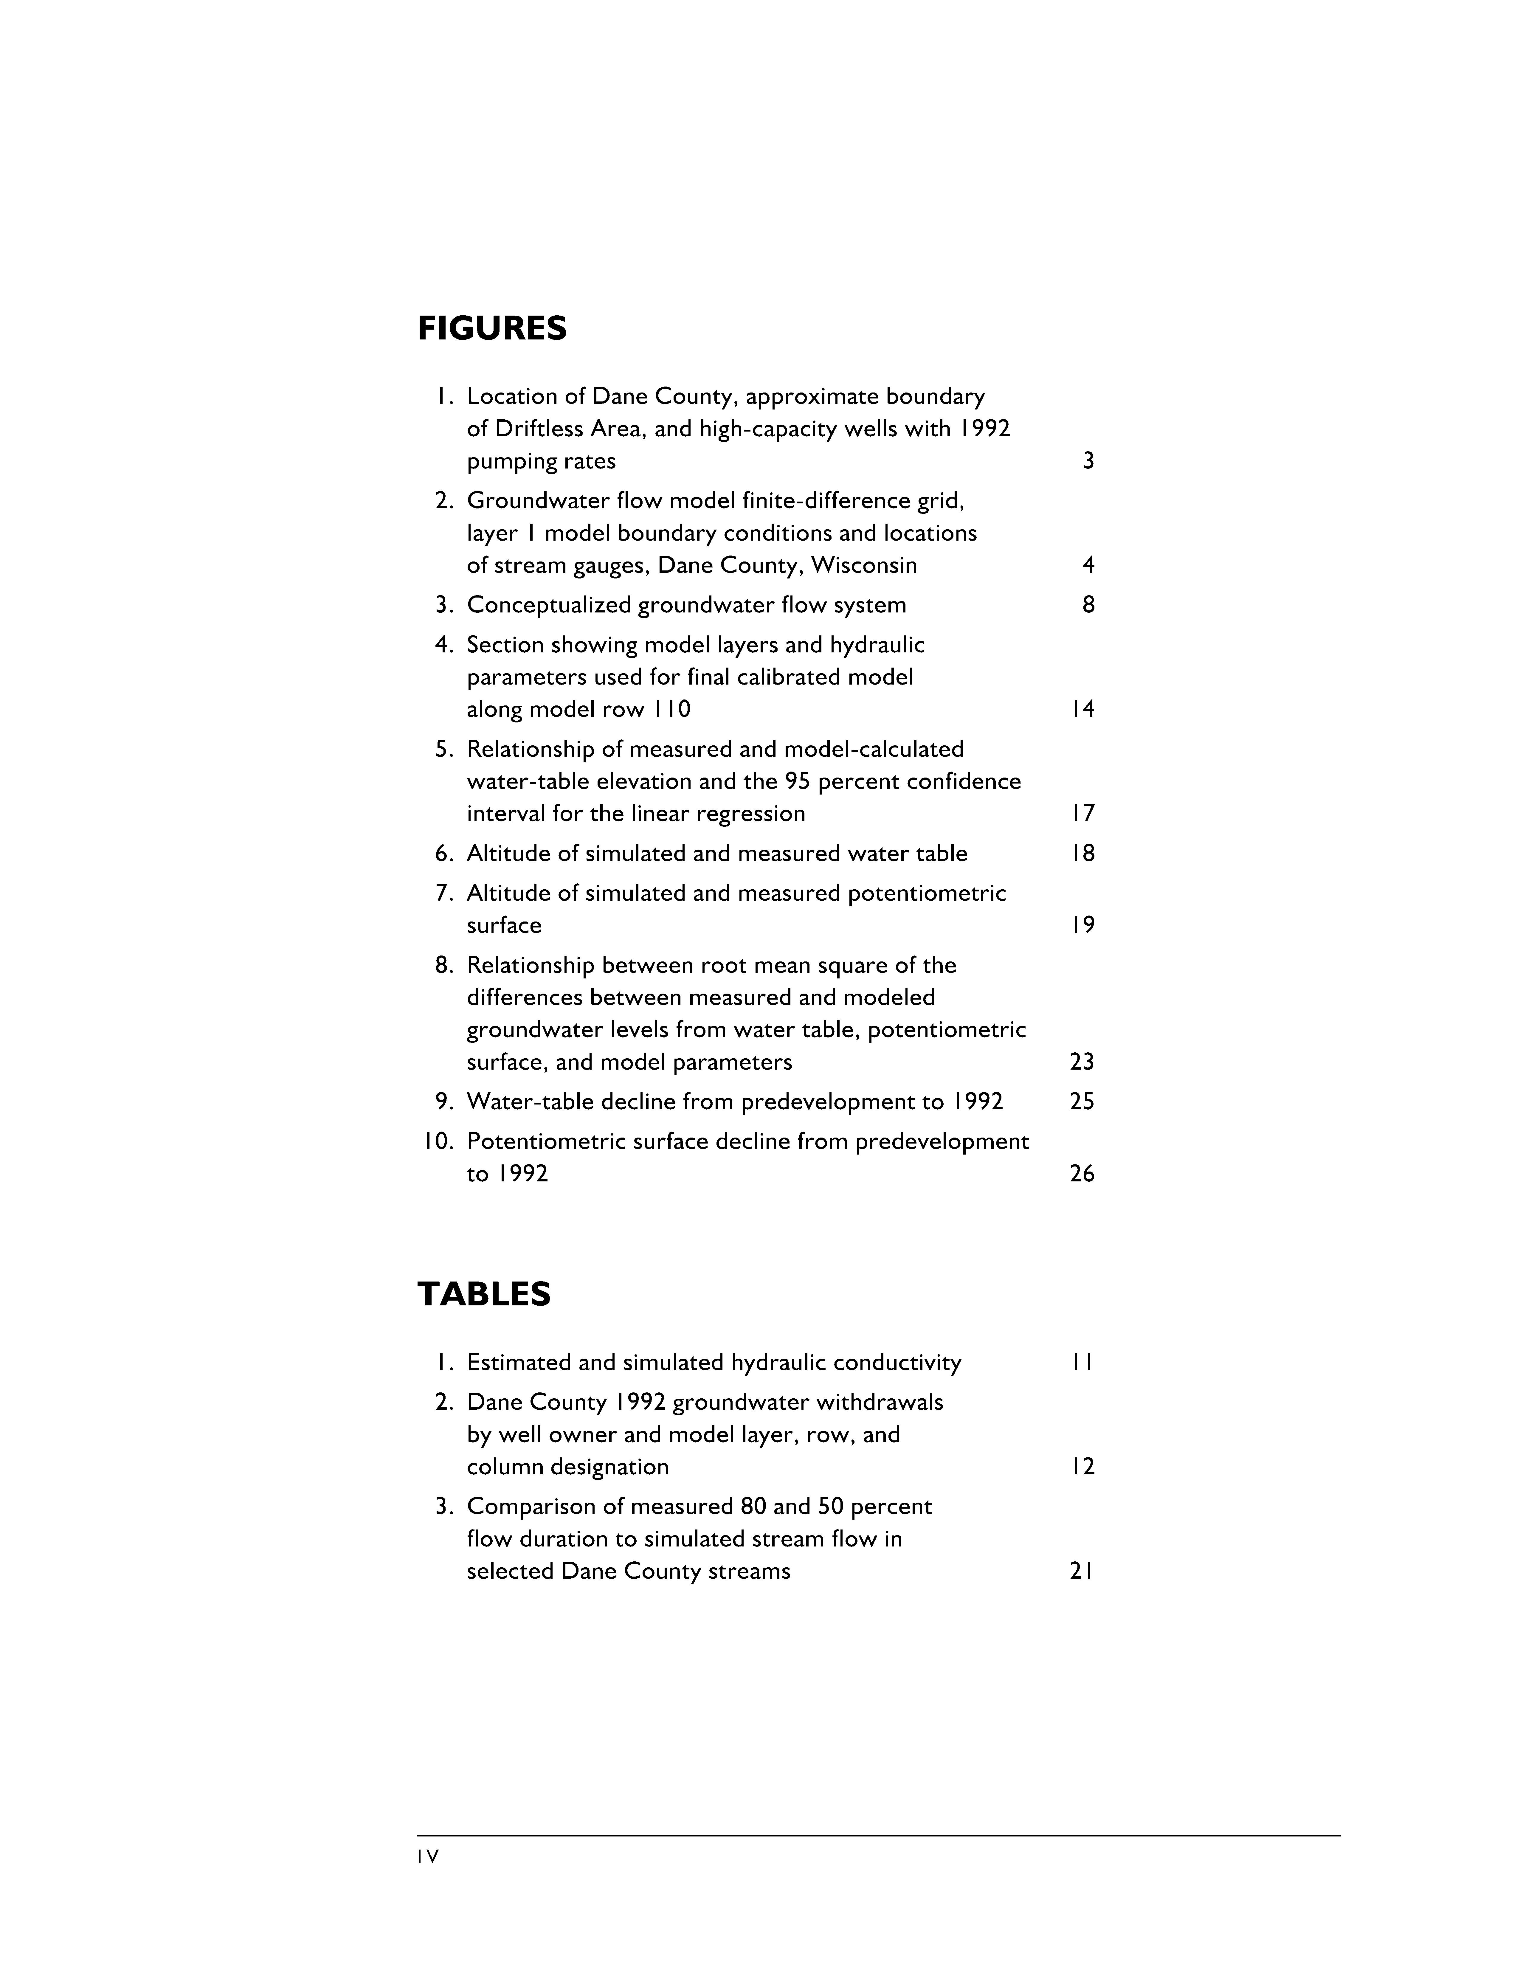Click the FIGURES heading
click(492, 329)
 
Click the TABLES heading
click(483, 1294)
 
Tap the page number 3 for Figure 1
click(1088, 461)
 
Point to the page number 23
click(1082, 1062)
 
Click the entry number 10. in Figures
click(438, 1142)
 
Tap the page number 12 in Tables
click(1082, 1467)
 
